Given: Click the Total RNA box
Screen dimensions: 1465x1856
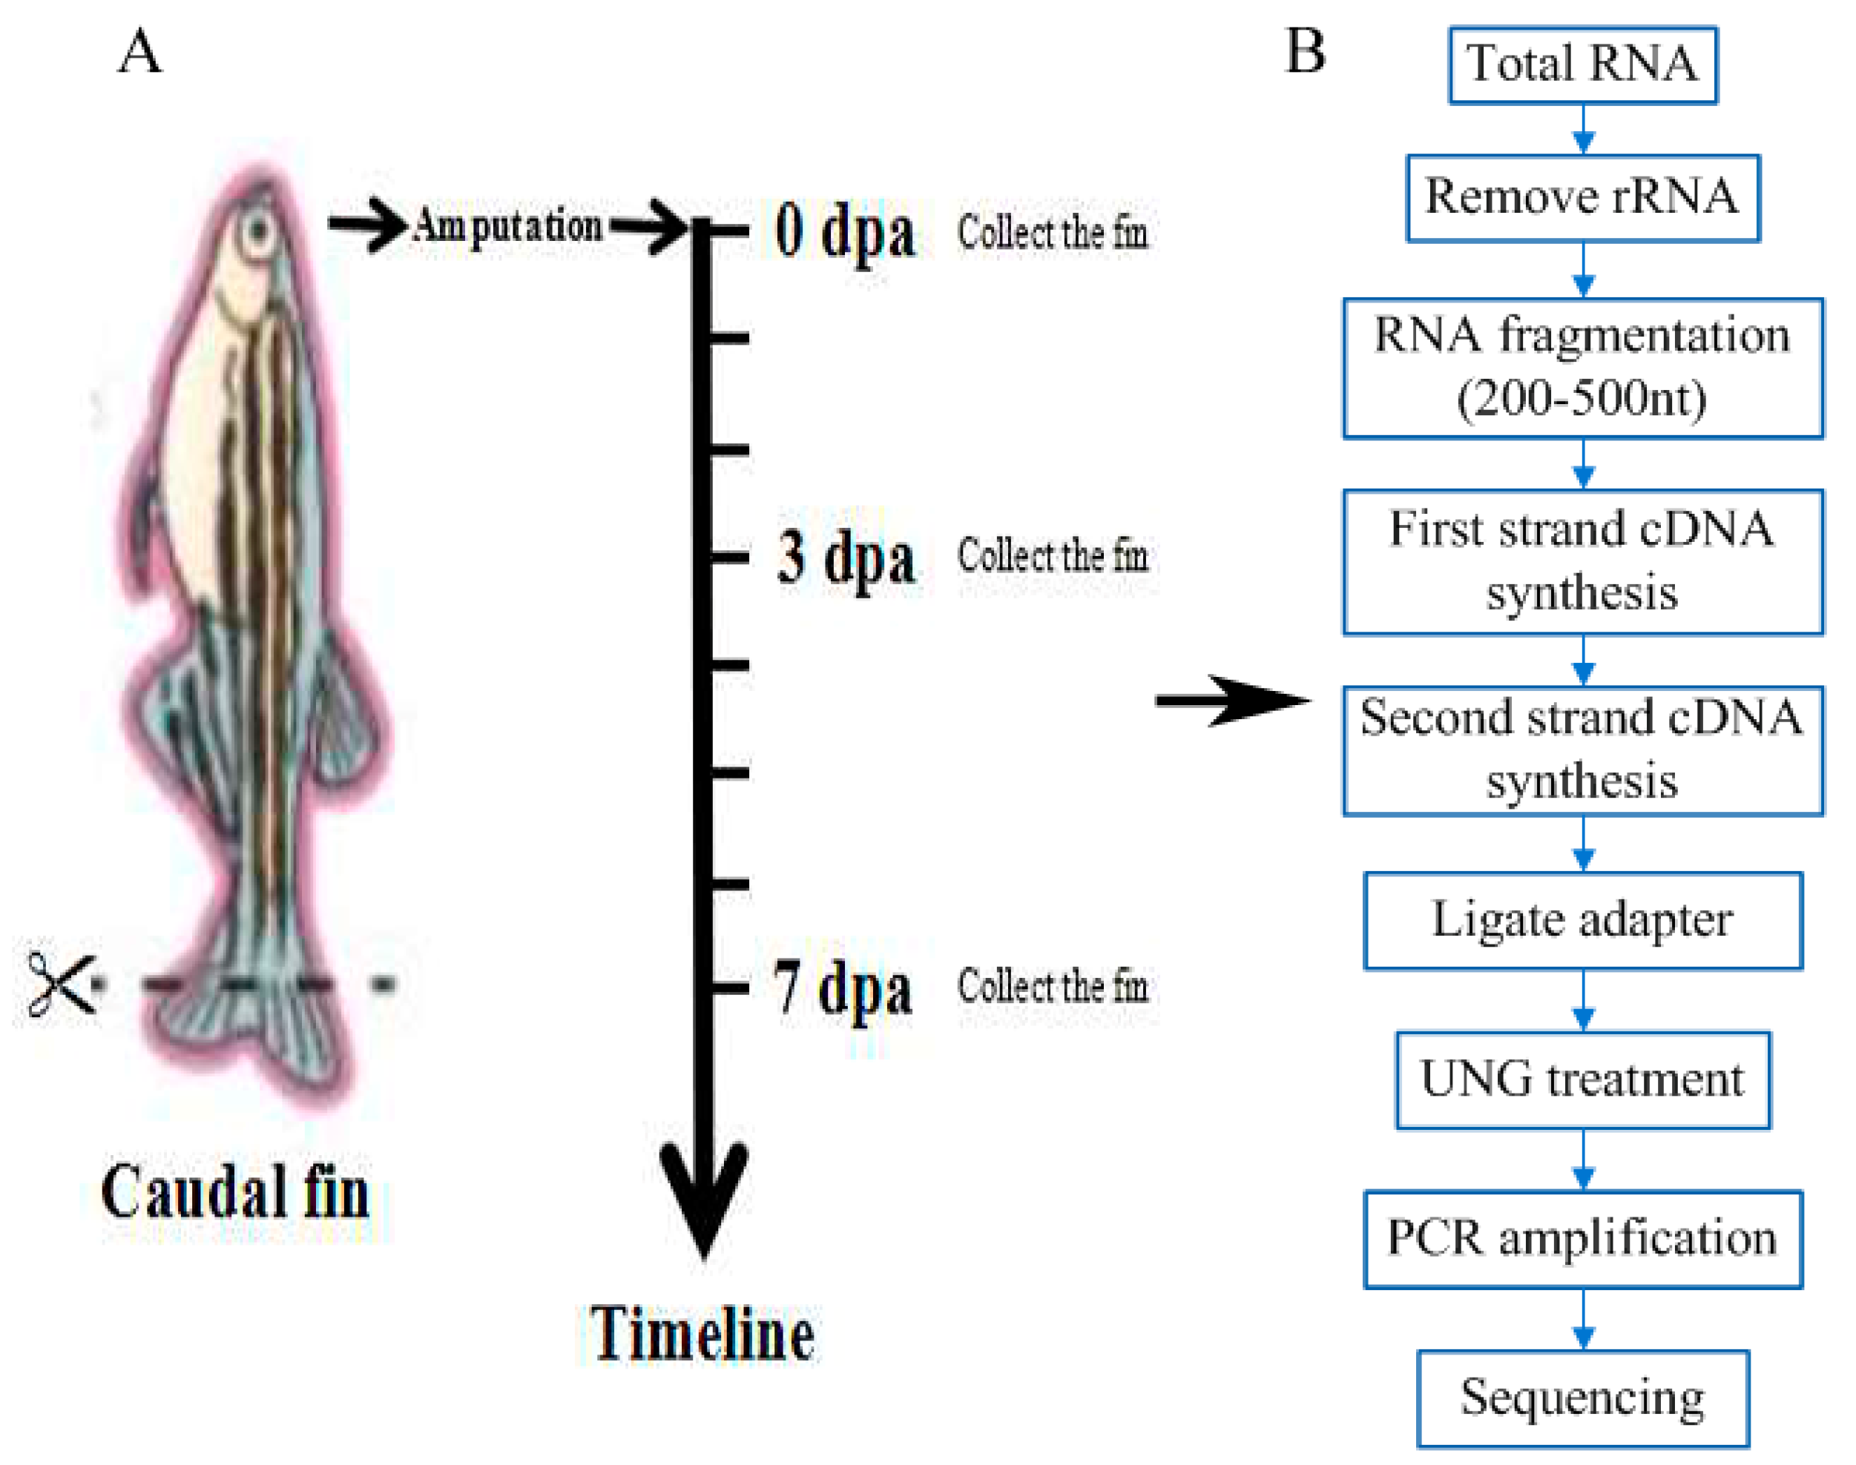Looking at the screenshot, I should point(1582,65).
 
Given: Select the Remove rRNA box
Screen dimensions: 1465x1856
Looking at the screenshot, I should point(1582,198).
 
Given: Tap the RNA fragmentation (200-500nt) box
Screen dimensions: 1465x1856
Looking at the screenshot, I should point(1582,368).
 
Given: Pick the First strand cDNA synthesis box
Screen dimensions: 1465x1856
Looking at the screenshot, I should point(1582,562).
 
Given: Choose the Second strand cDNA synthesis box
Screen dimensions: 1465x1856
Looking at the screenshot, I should point(1582,750).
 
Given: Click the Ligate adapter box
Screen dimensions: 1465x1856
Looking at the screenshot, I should point(1582,920).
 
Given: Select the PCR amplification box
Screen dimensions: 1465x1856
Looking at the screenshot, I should point(1582,1240).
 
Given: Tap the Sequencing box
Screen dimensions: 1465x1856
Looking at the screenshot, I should point(1582,1399).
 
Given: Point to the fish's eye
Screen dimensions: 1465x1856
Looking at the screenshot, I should point(257,230).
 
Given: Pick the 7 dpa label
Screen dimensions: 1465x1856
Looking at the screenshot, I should point(843,988).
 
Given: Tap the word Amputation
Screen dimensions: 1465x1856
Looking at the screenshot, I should point(508,226).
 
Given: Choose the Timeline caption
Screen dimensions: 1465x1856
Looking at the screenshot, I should point(702,1335).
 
